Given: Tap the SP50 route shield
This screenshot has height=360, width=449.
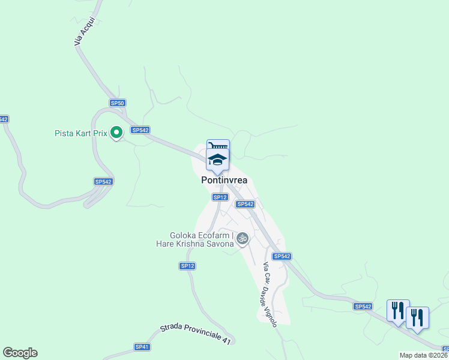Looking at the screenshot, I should click(118, 103).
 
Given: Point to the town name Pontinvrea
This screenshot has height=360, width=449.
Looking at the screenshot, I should click(224, 179).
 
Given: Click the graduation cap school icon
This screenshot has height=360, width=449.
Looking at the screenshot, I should click(217, 160).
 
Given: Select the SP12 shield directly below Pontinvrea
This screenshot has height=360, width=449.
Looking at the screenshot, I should click(220, 197).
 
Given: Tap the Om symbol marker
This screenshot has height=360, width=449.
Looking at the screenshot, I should click(243, 238).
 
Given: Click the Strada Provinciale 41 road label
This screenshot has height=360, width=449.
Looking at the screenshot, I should click(195, 334).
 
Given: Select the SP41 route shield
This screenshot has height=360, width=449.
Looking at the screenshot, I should click(142, 347).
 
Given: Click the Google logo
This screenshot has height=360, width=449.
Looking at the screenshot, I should click(20, 353).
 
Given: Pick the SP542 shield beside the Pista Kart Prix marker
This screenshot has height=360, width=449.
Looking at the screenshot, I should click(140, 130).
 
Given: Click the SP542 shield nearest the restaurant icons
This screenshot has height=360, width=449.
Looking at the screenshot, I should click(363, 307).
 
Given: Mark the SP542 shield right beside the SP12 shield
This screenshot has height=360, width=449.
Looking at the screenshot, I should click(244, 204).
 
